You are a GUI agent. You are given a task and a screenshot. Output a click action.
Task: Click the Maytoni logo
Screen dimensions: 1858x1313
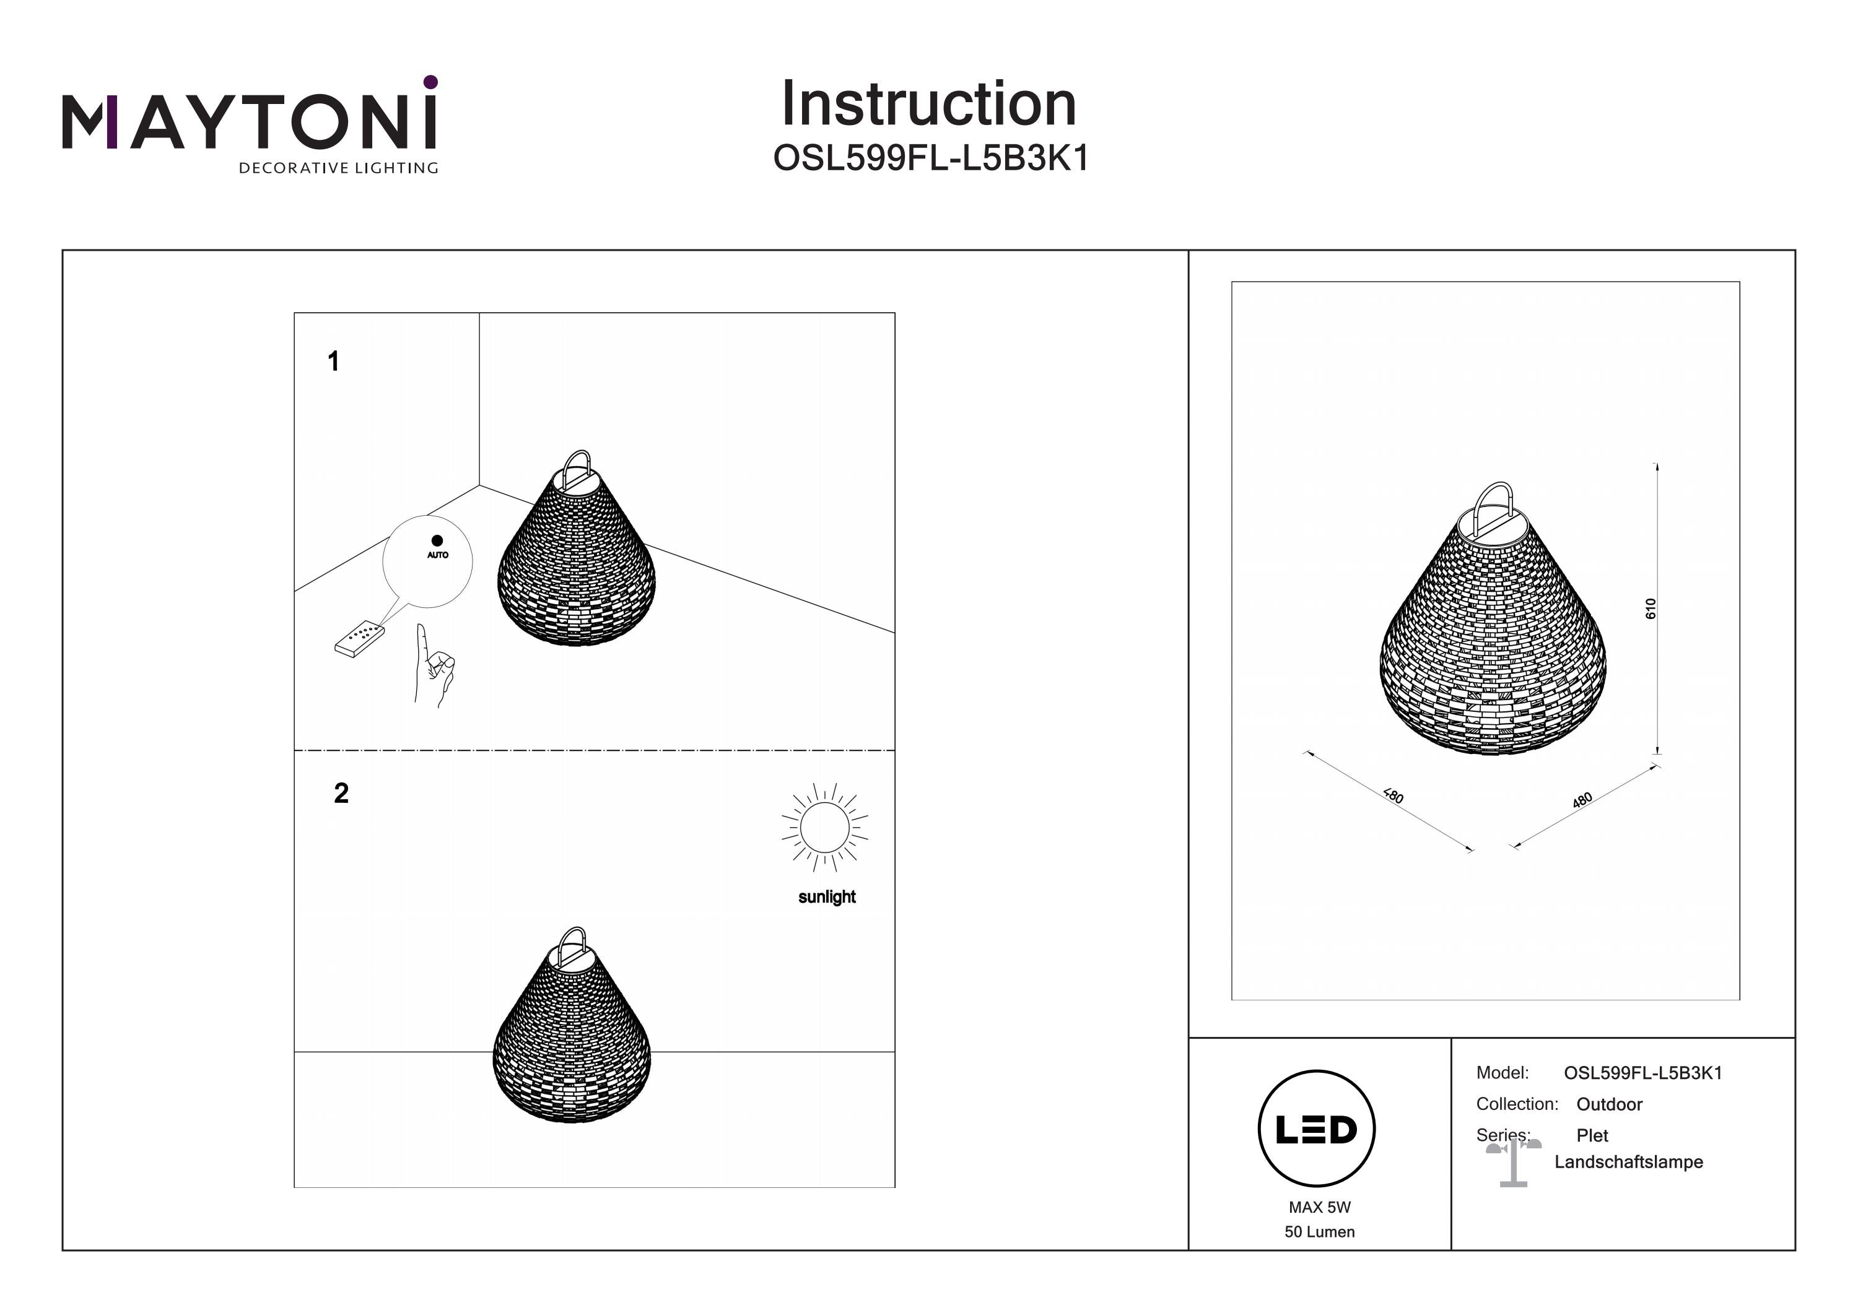(x=250, y=124)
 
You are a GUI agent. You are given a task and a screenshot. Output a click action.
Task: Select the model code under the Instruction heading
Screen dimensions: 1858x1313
(x=931, y=158)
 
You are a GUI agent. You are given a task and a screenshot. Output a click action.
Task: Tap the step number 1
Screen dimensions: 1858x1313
(x=333, y=362)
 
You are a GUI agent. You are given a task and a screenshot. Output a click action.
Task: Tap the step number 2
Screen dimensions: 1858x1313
(x=341, y=793)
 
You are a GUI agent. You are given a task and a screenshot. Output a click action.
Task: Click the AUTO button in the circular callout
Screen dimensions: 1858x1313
(x=437, y=546)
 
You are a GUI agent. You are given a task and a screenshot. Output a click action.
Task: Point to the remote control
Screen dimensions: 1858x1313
(x=359, y=638)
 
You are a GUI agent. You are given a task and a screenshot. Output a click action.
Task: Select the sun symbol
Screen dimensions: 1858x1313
(x=824, y=827)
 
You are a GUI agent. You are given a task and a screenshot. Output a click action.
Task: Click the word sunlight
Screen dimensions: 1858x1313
(x=826, y=896)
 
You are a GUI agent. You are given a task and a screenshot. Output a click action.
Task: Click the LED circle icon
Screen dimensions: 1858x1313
(x=1317, y=1129)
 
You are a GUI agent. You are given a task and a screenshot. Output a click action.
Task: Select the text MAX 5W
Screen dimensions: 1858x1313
(x=1319, y=1207)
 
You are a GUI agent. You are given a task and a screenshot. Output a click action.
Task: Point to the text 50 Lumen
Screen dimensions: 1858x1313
(x=1319, y=1232)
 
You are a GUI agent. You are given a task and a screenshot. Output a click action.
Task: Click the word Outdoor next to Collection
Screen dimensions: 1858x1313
(x=1609, y=1104)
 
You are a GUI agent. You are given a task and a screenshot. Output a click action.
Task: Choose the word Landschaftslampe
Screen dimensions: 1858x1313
(x=1628, y=1162)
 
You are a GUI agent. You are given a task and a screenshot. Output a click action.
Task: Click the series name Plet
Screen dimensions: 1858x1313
(x=1592, y=1136)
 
